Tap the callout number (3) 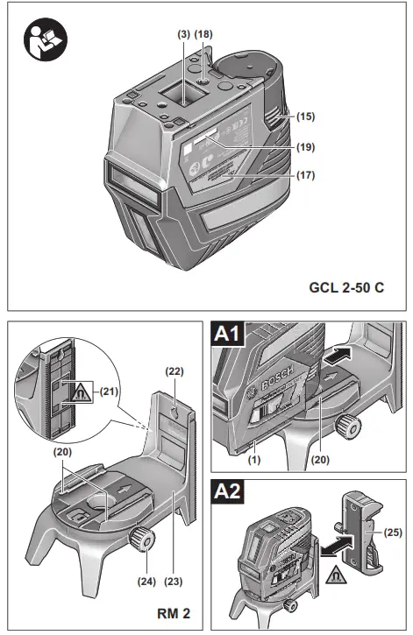point(183,34)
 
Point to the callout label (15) point(306,116)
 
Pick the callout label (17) point(306,175)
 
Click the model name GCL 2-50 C point(346,286)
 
